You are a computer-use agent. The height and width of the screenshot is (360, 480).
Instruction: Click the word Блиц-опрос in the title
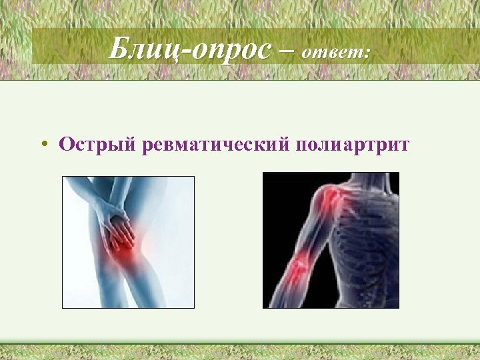191,49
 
